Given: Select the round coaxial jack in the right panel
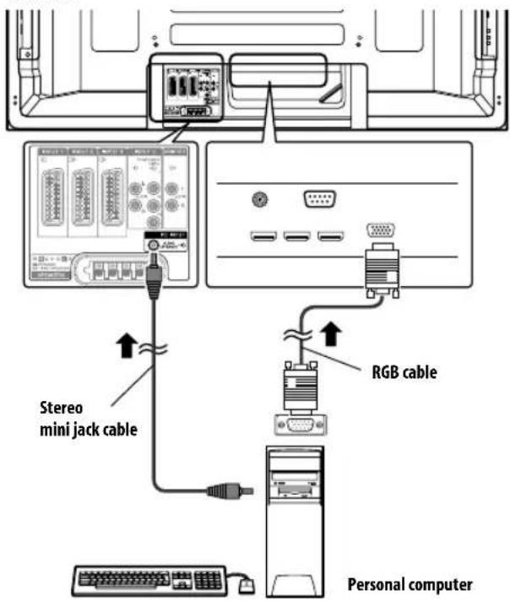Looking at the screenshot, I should [260, 200].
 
